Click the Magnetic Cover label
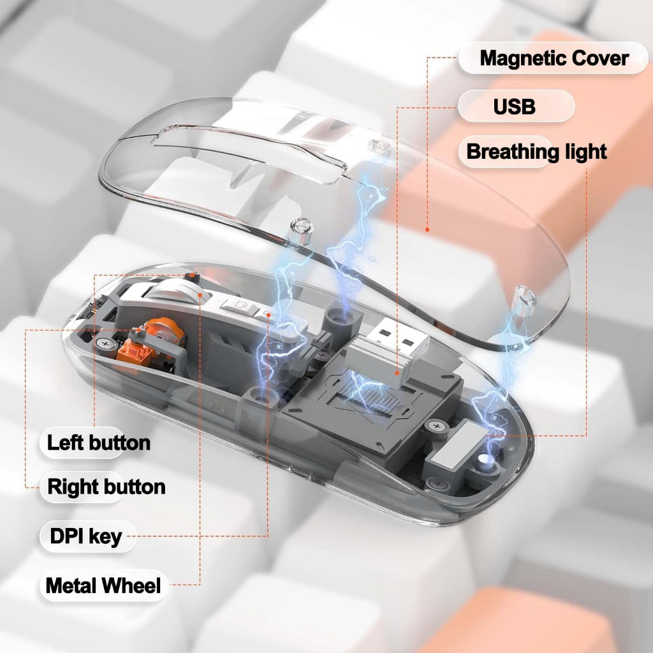554,58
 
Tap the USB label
515,106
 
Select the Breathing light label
536,152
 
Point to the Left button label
99,443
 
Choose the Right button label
106,487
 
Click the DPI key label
86,536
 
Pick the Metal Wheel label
103,585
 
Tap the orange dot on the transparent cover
427,230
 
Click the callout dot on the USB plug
397,373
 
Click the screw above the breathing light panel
436,427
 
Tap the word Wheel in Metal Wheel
131,585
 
